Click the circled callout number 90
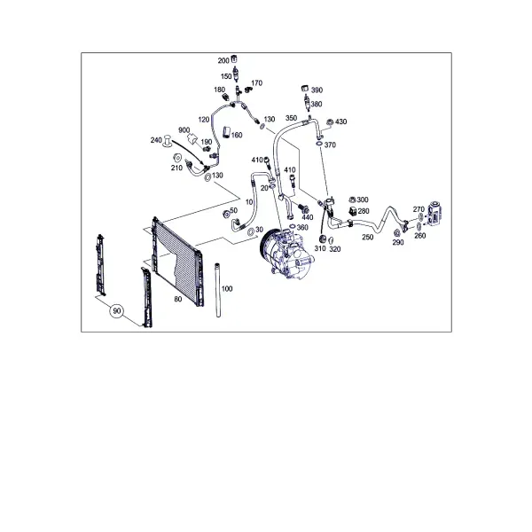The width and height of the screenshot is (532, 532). [116, 311]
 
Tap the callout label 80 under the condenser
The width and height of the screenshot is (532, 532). [178, 300]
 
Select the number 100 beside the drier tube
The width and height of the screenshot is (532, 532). [227, 289]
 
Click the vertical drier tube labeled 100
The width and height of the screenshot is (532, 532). [218, 290]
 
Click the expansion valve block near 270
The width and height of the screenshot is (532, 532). [435, 213]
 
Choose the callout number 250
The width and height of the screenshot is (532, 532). [368, 237]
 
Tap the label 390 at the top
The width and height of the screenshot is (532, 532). [317, 90]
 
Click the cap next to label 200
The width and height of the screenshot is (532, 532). [234, 59]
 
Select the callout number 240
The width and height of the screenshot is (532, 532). [156, 140]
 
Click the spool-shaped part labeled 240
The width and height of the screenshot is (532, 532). [168, 141]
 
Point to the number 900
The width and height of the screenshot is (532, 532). [184, 130]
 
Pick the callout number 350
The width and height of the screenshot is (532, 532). [291, 118]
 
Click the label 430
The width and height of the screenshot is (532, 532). [341, 121]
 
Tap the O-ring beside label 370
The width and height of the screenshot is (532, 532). [319, 145]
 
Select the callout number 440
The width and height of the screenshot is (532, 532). [308, 217]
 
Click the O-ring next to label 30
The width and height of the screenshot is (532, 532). [250, 232]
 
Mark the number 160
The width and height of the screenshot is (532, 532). [237, 135]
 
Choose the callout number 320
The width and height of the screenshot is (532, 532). [335, 249]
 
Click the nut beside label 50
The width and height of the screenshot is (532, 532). [225, 214]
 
